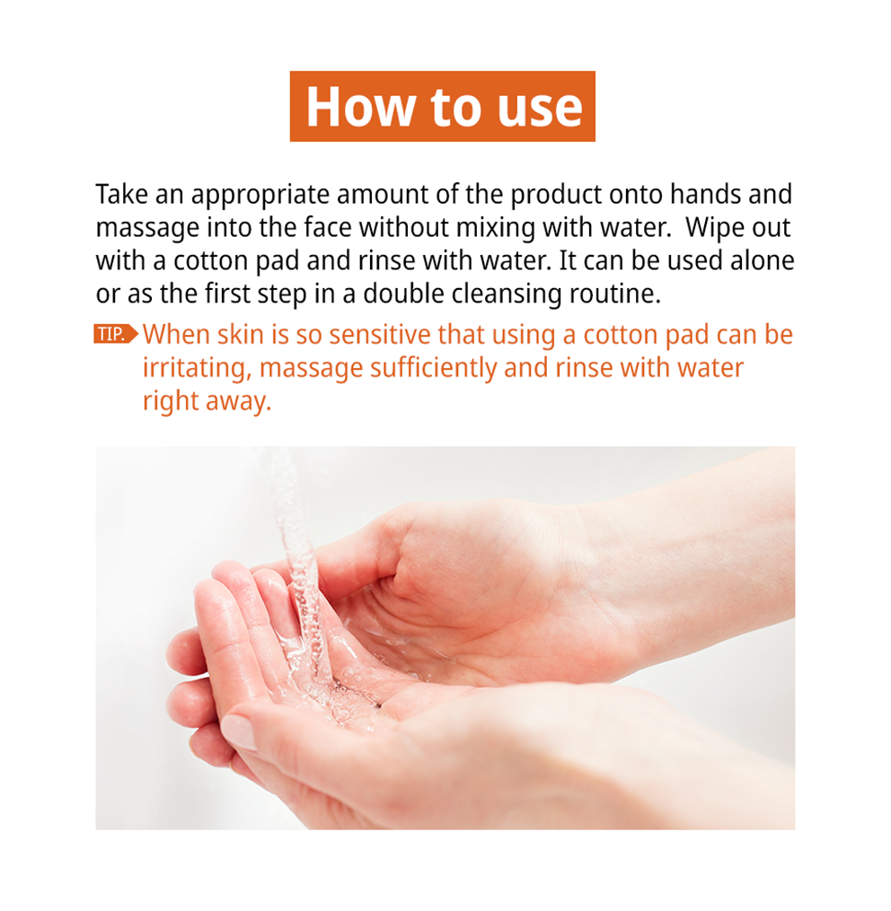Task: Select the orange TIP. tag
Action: click(x=116, y=334)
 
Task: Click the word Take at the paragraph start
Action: click(x=122, y=194)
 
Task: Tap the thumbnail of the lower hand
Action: click(x=240, y=730)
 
